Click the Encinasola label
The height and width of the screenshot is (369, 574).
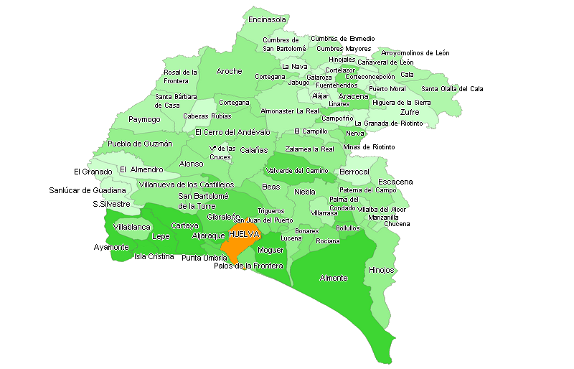pyautogui.click(x=267, y=20)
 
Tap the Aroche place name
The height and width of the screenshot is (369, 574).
pyautogui.click(x=229, y=72)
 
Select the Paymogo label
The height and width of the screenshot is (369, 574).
pyautogui.click(x=144, y=119)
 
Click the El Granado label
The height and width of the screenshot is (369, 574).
pyautogui.click(x=93, y=172)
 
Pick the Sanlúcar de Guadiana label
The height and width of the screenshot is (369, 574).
pyautogui.click(x=87, y=190)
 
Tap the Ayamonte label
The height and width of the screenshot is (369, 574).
pyautogui.click(x=111, y=247)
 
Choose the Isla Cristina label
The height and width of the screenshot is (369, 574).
pyautogui.click(x=154, y=256)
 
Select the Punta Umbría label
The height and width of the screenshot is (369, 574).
pyautogui.click(x=204, y=258)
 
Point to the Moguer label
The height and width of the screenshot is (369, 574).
pyautogui.click(x=270, y=250)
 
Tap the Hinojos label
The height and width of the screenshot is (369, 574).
pyautogui.click(x=381, y=271)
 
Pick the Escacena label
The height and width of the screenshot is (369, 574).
pyautogui.click(x=395, y=182)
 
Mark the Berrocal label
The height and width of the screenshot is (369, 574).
pyautogui.click(x=354, y=172)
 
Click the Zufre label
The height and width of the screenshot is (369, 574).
pyautogui.click(x=410, y=112)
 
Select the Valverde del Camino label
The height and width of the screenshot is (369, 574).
pyautogui.click(x=297, y=171)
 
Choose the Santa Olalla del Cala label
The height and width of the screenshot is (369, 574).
pyautogui.click(x=452, y=89)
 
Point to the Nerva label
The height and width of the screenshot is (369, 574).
pyautogui.click(x=355, y=133)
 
